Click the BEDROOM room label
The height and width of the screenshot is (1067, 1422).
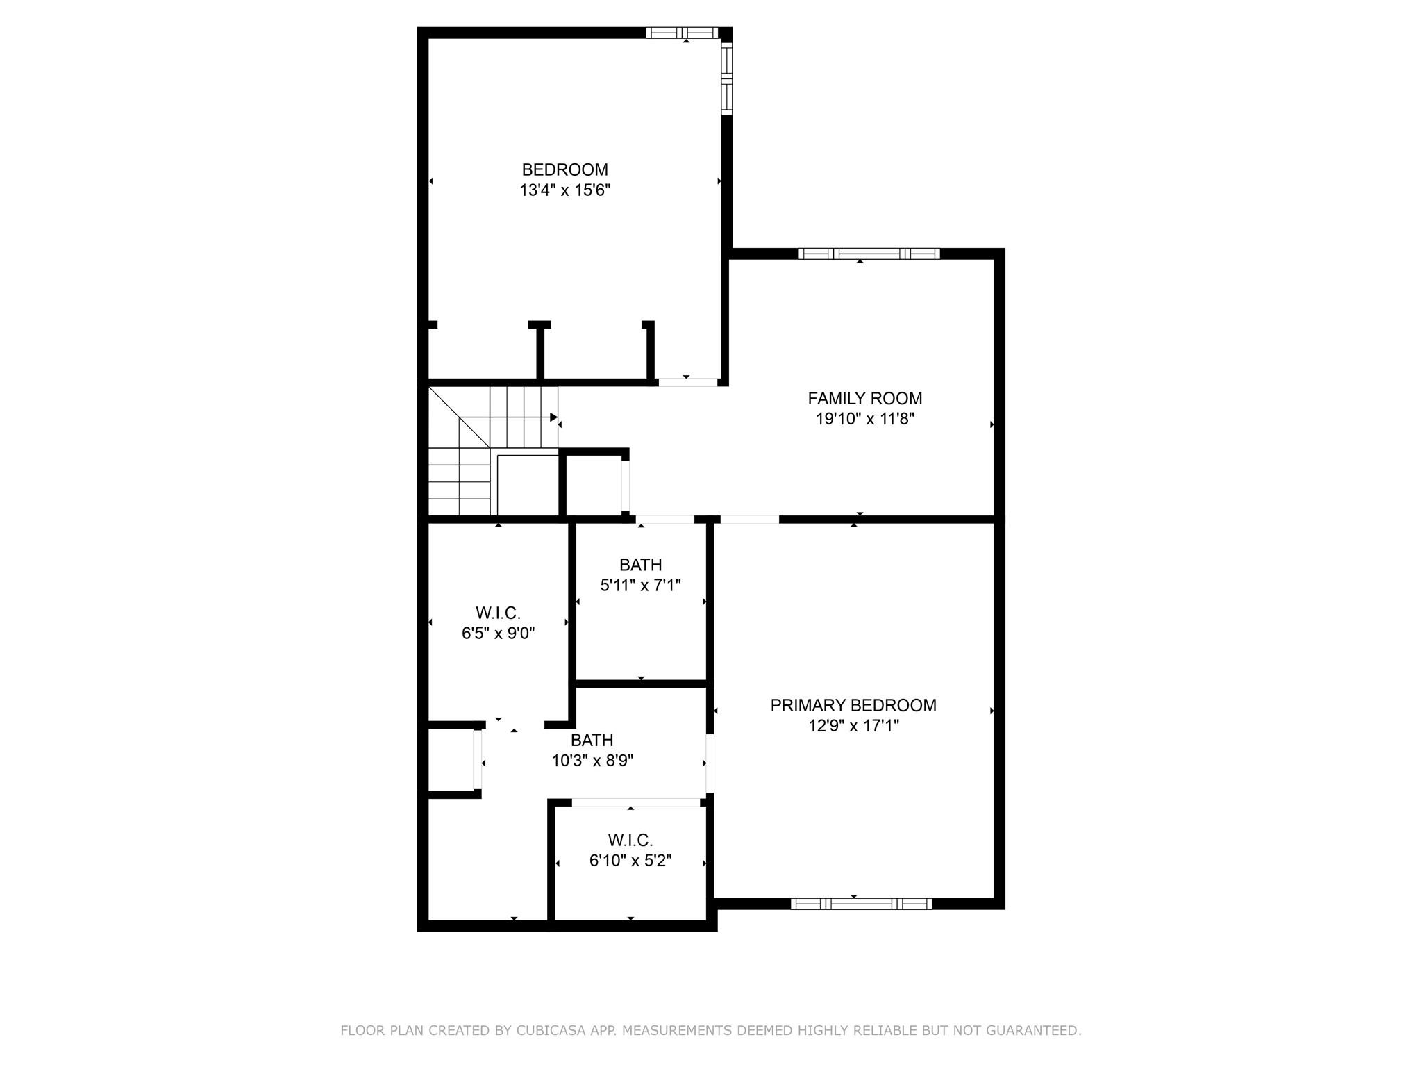(564, 169)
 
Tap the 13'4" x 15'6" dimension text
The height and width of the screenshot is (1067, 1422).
(564, 190)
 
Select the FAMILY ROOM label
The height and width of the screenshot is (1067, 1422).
(864, 398)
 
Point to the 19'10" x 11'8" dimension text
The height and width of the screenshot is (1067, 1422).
(864, 419)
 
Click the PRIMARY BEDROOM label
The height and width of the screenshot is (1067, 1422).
(853, 705)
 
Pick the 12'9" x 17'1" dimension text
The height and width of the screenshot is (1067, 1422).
(853, 726)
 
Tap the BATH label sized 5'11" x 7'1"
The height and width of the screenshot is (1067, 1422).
(640, 565)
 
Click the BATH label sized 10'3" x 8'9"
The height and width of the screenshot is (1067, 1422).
(592, 740)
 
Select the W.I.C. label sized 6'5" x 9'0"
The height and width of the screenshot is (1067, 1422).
(498, 613)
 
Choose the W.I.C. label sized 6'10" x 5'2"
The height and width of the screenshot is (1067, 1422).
(630, 840)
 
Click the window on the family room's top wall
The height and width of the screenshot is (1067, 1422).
(869, 254)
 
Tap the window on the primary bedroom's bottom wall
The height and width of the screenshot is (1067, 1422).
(861, 904)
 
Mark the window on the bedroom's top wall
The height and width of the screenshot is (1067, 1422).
(682, 33)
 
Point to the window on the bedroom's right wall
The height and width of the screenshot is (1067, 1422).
(727, 78)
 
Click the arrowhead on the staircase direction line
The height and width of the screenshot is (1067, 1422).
(554, 417)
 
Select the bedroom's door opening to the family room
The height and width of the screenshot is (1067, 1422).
(688, 382)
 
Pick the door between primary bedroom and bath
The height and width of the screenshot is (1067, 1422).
(710, 763)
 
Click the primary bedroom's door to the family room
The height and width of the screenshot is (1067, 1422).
(750, 519)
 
